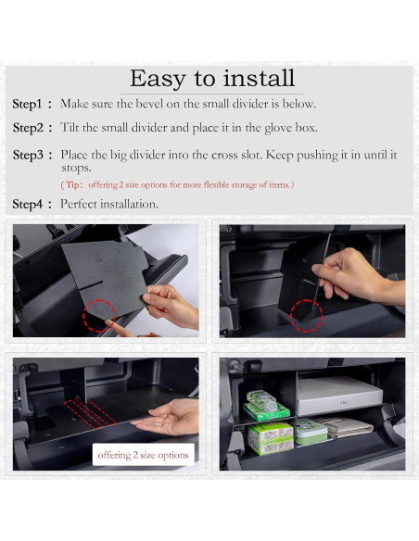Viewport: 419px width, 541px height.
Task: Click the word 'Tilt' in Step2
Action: point(71,128)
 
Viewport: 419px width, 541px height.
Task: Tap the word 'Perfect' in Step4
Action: point(83,204)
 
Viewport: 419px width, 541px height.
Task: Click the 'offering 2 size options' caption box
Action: point(143,454)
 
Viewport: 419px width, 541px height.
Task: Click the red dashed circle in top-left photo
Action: point(100,315)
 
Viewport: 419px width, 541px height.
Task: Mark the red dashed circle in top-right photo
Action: point(306,315)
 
